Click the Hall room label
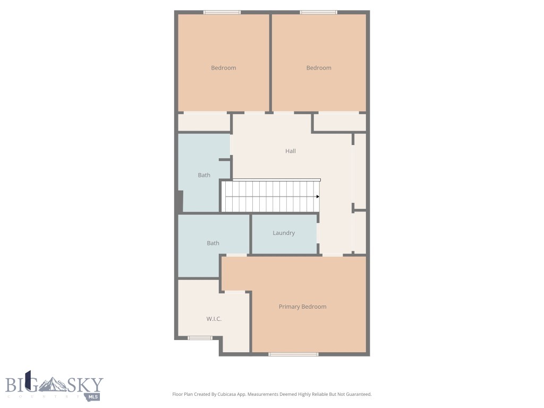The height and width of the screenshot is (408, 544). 290,151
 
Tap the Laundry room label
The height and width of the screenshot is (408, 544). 284,233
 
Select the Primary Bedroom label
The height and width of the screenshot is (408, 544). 302,307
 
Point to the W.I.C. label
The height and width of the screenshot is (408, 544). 214,319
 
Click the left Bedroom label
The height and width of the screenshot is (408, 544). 223,68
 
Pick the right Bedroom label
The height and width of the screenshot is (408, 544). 319,68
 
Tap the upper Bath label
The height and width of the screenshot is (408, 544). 204,175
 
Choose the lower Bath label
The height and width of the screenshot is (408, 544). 212,243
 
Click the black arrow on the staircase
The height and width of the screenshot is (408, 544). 318,197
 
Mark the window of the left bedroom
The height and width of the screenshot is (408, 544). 222,12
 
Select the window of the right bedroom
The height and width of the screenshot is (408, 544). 318,12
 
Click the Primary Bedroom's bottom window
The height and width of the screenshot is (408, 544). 293,354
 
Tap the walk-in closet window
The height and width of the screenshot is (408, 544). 200,338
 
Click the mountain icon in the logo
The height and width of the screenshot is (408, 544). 55,384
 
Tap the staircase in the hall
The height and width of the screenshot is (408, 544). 271,197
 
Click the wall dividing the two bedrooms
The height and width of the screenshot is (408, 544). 270,63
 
